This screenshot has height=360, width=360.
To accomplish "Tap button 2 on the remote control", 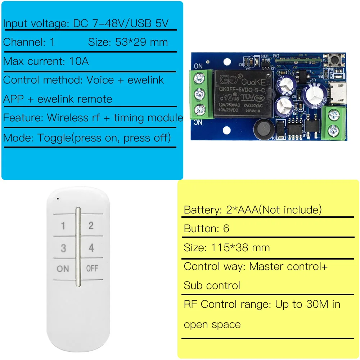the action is (x=91, y=226).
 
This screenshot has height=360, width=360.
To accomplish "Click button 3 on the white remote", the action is (x=63, y=248).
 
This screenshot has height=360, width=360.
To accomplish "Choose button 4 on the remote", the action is (x=91, y=248).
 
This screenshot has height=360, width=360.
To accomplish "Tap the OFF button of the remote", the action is (x=92, y=269).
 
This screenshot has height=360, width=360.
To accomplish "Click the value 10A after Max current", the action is (x=79, y=61).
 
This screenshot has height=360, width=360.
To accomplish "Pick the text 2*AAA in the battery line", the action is (x=240, y=210).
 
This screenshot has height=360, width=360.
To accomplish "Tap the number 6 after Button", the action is (x=226, y=229).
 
